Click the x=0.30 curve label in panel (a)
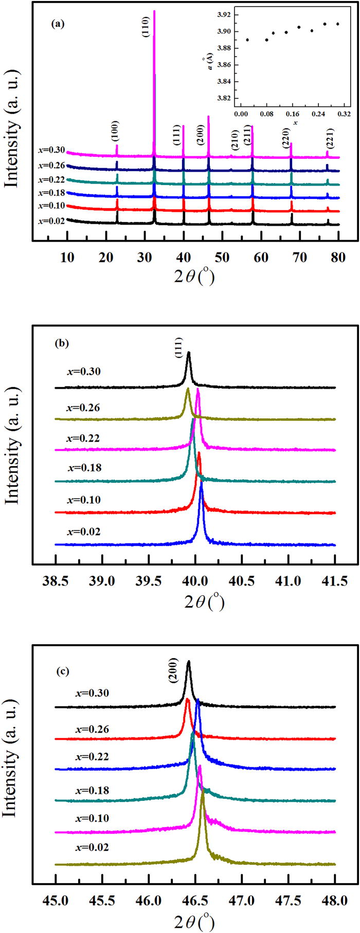[51, 150]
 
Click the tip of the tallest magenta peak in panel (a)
[154, 11]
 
